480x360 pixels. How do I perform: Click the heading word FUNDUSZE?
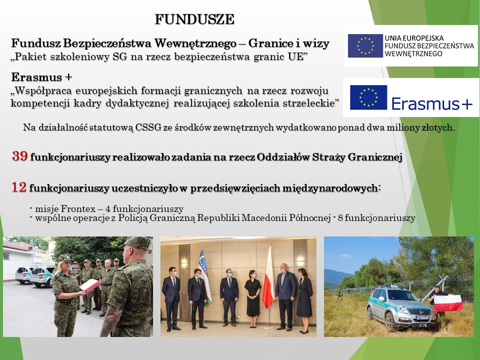pos(194,19)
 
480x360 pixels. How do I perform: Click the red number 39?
pos(20,156)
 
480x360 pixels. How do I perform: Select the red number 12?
pos(19,187)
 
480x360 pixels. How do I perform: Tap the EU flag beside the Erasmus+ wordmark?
pos(368,97)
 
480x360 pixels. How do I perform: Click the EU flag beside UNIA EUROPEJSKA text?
pos(365,45)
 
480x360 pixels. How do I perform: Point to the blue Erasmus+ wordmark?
pos(432,104)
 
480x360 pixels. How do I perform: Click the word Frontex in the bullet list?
pos(78,209)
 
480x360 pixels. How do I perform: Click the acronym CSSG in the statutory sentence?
pos(148,127)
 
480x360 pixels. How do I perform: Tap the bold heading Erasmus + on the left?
pos(41,77)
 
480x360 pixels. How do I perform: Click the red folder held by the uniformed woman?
pos(89,285)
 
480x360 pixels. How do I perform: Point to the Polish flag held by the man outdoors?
pos(448,303)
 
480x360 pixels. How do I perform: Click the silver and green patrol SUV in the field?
pos(401,307)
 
